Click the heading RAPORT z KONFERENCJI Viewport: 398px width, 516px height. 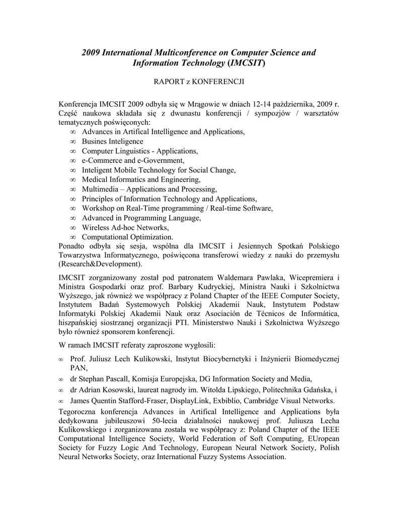pyautogui.click(x=199, y=81)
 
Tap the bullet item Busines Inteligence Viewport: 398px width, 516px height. pyautogui.click(x=113, y=142)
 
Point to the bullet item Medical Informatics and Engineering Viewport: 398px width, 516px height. pyautogui.click(x=141, y=179)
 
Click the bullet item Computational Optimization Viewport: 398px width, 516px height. pyautogui.click(x=128, y=237)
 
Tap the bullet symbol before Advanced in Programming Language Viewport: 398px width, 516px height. pyautogui.click(x=73, y=218)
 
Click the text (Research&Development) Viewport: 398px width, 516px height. pyautogui.click(x=101, y=264)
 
